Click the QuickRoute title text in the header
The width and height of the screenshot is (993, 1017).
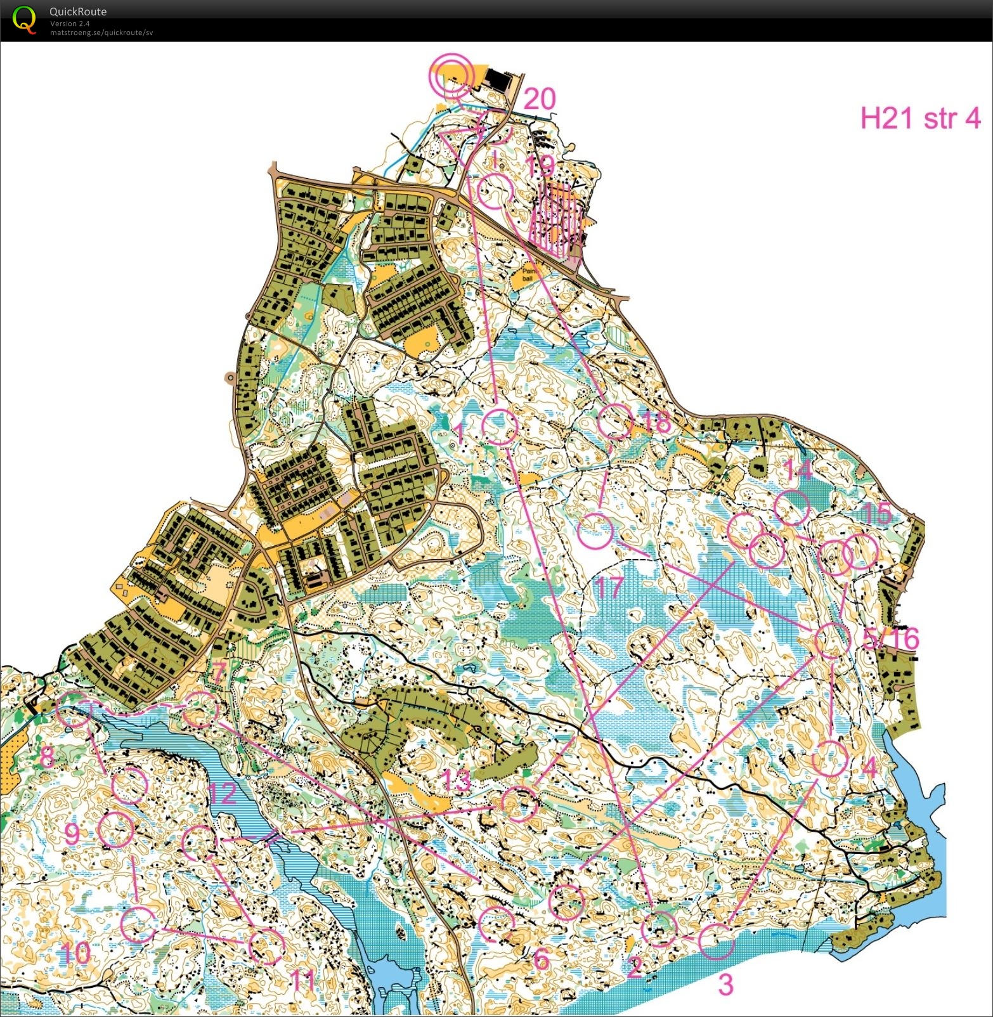77,11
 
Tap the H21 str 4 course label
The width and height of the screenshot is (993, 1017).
920,118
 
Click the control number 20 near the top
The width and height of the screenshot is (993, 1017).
540,100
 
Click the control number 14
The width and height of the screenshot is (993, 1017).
797,470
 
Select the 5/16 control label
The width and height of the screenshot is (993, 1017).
891,638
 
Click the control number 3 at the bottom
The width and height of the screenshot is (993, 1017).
725,985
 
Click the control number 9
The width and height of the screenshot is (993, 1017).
72,834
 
